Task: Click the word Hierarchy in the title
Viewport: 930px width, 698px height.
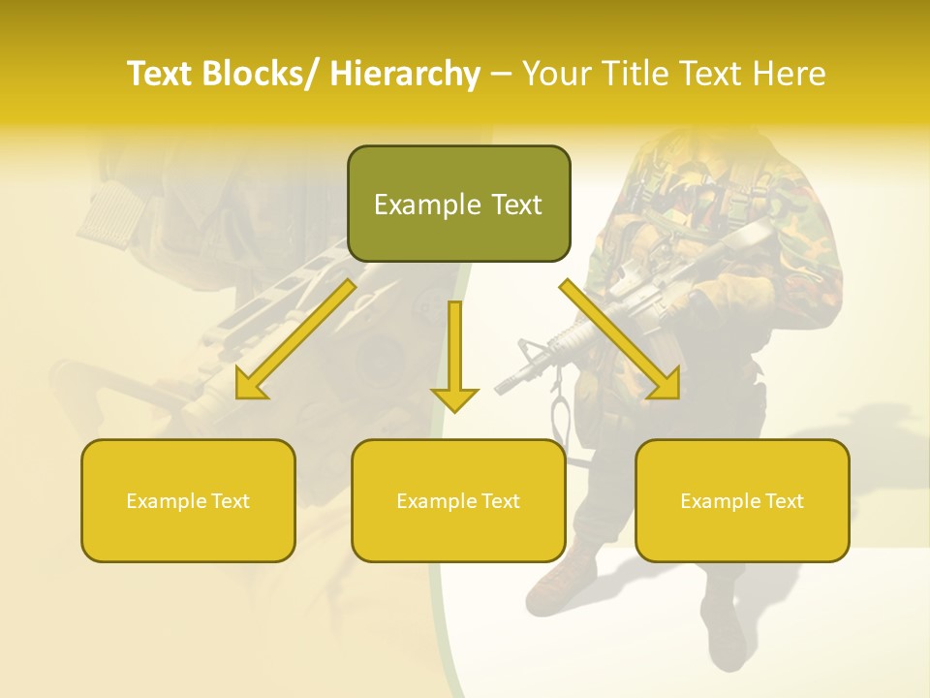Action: pos(405,75)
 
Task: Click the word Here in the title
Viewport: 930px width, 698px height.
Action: pos(789,75)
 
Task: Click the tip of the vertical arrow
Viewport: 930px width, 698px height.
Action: pos(454,409)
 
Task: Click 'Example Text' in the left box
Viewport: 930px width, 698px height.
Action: pos(188,501)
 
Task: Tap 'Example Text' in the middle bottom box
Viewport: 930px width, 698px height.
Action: pos(458,501)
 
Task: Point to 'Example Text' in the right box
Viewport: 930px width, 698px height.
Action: pos(742,501)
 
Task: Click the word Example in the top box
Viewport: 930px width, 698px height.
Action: pos(418,205)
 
